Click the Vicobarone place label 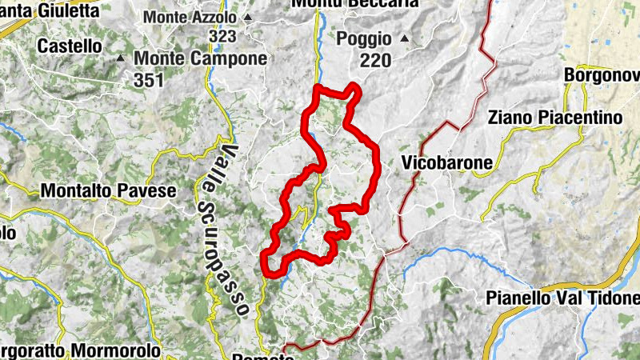tap(446, 163)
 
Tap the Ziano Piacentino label tap(554, 118)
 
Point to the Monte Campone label tap(200, 58)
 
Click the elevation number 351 tap(149, 79)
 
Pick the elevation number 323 tap(222, 36)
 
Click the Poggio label tap(364, 38)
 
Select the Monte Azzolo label tap(190, 17)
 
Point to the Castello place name tap(70, 46)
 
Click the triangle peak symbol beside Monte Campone tap(121, 58)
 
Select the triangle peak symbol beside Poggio tap(405, 38)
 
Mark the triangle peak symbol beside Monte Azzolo tap(248, 17)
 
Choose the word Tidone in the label tap(611, 298)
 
